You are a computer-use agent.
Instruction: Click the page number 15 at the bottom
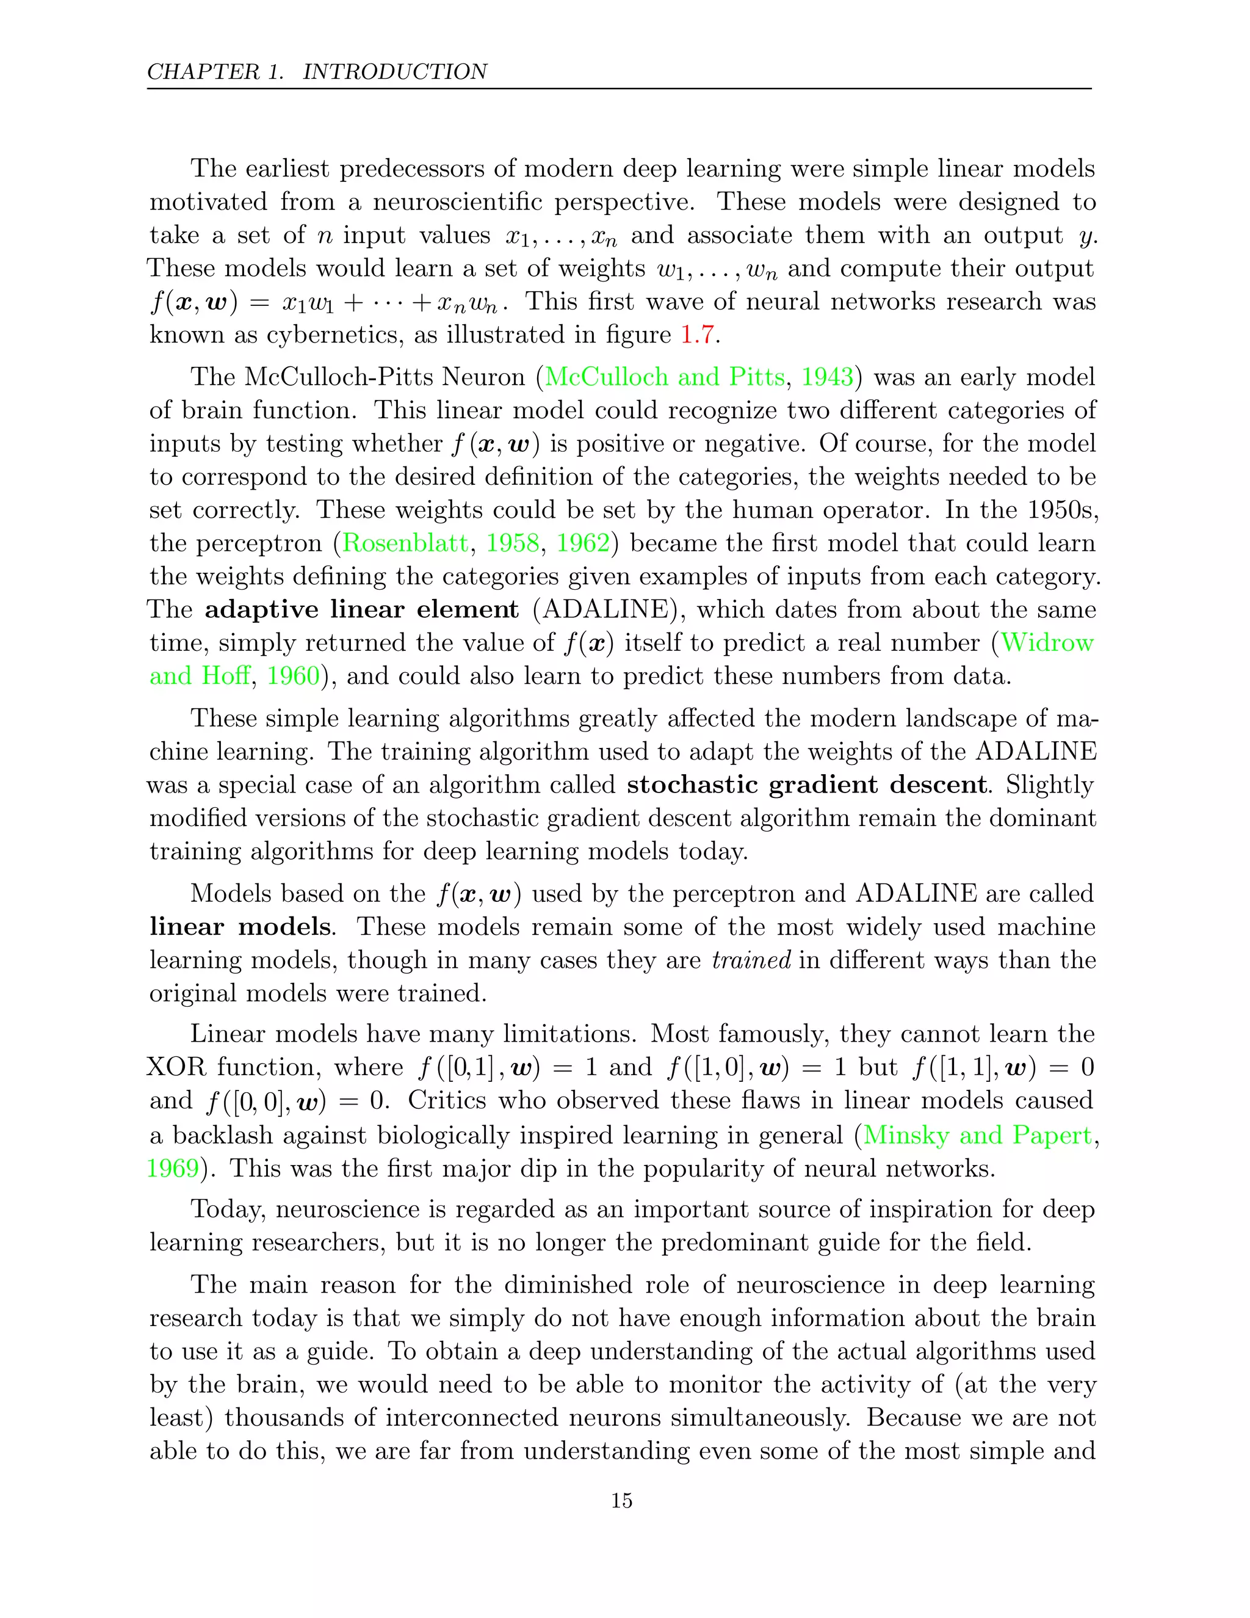[x=621, y=1500]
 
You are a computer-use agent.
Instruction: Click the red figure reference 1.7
[x=697, y=334]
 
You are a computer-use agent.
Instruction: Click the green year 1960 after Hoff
[x=292, y=676]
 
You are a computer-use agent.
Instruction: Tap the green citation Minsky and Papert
[x=978, y=1135]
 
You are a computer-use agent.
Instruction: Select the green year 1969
[x=173, y=1168]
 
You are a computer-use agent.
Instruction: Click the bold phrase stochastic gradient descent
[x=807, y=785]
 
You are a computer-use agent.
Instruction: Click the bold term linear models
[x=240, y=927]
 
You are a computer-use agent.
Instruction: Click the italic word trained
[x=751, y=960]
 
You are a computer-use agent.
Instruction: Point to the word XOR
[x=176, y=1067]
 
